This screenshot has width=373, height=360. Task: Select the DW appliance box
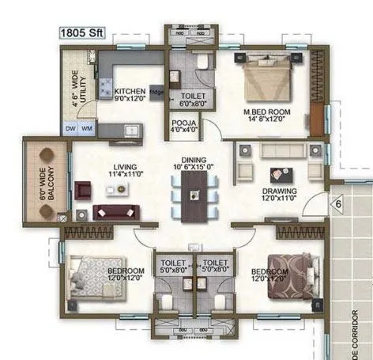click(70, 128)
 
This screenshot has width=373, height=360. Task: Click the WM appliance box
click(87, 128)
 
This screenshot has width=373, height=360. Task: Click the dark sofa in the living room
click(115, 211)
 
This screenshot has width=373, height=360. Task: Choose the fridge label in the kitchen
click(157, 93)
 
